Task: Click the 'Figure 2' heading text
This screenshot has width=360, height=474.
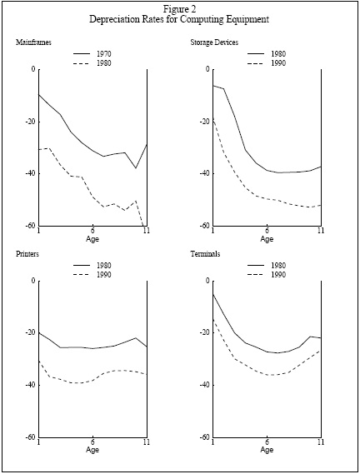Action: coord(179,9)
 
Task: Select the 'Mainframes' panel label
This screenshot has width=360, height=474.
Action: coord(33,42)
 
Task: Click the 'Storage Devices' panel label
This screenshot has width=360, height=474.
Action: coord(214,42)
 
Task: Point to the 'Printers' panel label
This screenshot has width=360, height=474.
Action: coord(27,253)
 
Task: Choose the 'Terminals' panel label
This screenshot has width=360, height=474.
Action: coord(205,253)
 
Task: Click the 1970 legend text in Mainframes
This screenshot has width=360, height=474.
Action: coord(104,54)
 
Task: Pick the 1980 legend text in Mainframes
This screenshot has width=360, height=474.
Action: coord(104,63)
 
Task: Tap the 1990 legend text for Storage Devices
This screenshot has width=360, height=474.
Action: coord(278,63)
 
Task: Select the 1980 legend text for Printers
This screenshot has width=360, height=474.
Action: coord(104,266)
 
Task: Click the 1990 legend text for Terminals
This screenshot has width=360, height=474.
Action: coord(278,275)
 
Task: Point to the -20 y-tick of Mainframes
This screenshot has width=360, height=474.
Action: coord(30,122)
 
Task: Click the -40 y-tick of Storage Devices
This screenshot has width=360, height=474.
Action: coord(204,173)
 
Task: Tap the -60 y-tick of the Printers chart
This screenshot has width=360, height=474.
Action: coord(30,437)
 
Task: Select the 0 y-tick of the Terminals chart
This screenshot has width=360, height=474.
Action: coord(207,281)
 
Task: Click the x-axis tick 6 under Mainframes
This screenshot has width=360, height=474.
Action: coord(92,231)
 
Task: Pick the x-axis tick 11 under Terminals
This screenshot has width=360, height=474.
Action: coord(321,442)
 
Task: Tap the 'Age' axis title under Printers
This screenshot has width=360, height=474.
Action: coord(92,450)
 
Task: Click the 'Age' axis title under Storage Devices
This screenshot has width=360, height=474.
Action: coord(267,239)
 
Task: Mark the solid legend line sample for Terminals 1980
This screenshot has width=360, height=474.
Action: coord(256,266)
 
